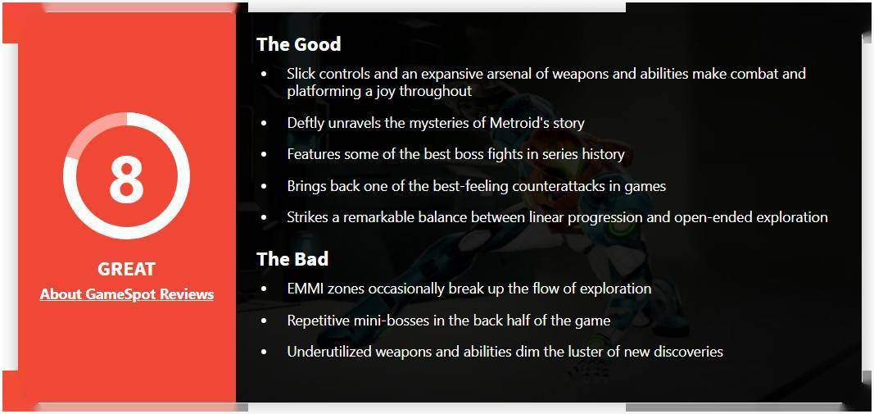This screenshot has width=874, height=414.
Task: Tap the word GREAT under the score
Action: tap(126, 270)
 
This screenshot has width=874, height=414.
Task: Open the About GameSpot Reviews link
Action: tap(126, 294)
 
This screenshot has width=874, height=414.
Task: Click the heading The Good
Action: tap(299, 44)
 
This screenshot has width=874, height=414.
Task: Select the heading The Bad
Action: tap(292, 259)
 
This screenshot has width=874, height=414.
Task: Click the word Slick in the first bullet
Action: tap(300, 74)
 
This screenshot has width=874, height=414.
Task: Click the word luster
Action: tap(603, 352)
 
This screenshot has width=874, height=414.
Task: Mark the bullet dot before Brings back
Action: tap(265, 186)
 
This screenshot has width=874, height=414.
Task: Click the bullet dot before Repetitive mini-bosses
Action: tap(265, 321)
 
